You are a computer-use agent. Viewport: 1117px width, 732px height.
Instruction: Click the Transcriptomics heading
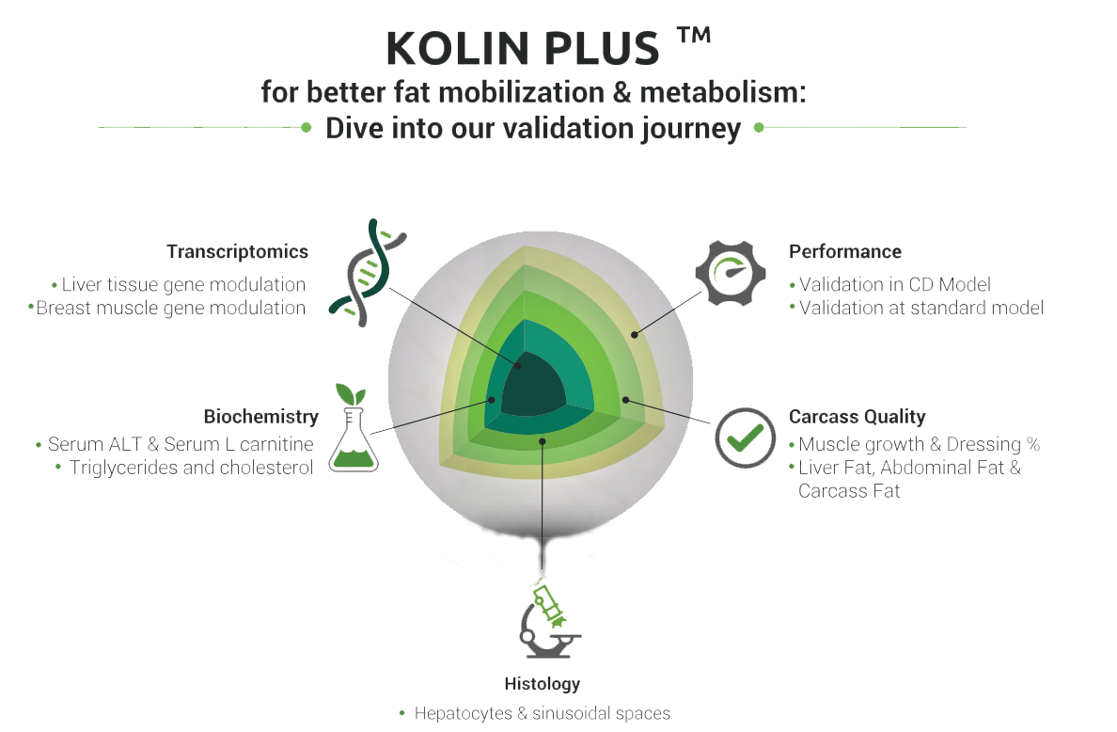[237, 252]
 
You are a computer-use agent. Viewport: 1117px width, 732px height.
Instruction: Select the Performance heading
[845, 252]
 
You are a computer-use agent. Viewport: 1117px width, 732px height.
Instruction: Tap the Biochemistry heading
[260, 416]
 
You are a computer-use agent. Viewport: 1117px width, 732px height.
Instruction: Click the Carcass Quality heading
[857, 416]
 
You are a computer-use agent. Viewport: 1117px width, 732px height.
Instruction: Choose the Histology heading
[543, 684]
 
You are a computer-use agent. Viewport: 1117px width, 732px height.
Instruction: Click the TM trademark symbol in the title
[693, 38]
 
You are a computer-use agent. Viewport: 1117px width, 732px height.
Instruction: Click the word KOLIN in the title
[450, 50]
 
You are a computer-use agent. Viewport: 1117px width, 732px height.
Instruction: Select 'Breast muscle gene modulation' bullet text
[171, 308]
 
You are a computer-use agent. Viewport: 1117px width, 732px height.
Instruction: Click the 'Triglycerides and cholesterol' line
[191, 468]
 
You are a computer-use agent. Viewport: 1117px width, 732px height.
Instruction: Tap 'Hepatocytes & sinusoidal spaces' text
[543, 713]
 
